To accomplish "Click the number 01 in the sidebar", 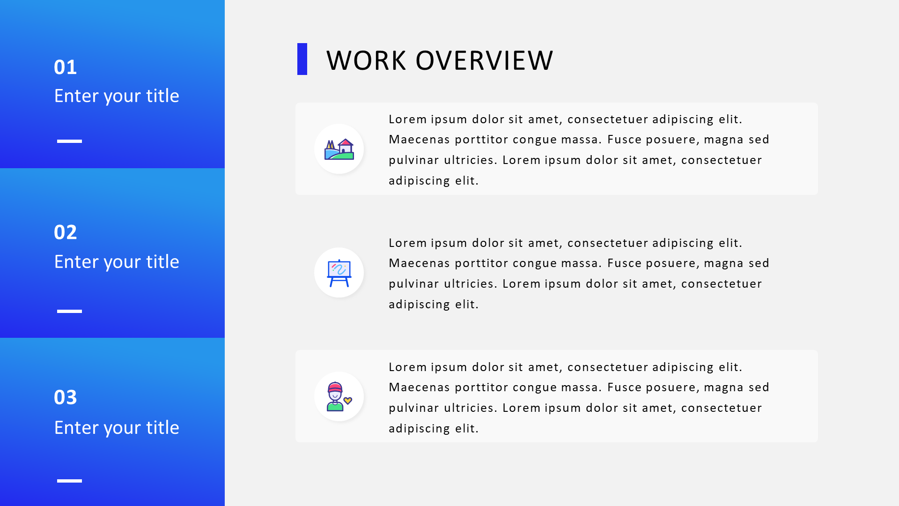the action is pos(65,67).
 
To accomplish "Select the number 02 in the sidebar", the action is pos(65,232).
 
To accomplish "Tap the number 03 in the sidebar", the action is pos(65,398).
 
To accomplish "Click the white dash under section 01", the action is pos(69,141).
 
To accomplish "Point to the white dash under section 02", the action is pos(69,311).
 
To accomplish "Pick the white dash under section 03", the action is pos(69,481).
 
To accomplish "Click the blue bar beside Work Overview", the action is pos(302,59).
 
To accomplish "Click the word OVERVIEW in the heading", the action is pos(484,60).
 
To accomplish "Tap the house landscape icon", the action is pos(339,149).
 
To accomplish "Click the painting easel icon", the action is pos(339,273).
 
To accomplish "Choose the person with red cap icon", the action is pos(335,396).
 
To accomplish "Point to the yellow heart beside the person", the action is pos(347,401).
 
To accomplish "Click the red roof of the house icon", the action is pos(345,142).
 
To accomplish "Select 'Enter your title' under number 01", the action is pos(117,96).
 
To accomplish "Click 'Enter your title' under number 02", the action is pos(117,262).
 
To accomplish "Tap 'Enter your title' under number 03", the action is pos(117,428).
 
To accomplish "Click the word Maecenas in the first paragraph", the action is pos(420,140).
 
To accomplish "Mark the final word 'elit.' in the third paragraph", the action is pos(467,428).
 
